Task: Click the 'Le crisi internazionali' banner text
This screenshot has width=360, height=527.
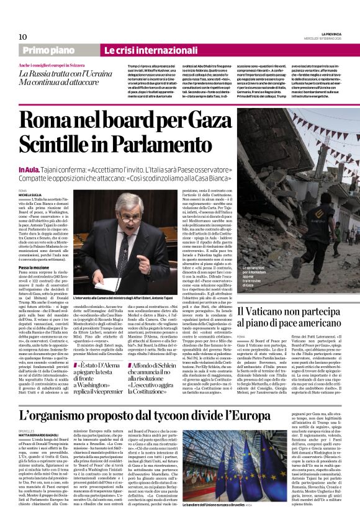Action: pos(142,50)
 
